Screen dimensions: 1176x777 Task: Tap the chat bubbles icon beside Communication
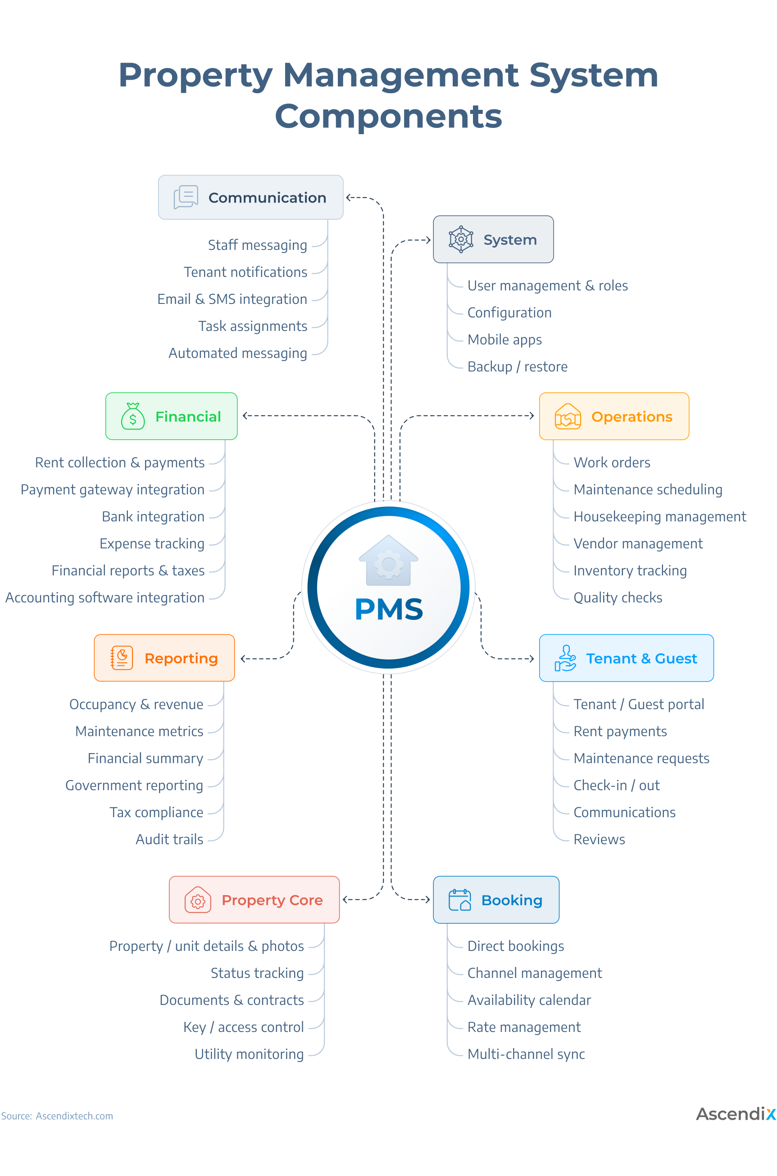pyautogui.click(x=186, y=197)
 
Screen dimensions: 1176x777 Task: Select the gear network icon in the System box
pyautogui.click(x=461, y=239)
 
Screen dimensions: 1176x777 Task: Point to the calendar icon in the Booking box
pyautogui.click(x=459, y=900)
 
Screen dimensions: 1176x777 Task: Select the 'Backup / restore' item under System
pyautogui.click(x=518, y=366)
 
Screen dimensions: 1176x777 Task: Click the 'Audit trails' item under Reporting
pyautogui.click(x=169, y=839)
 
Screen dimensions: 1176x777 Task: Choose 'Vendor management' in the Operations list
pyautogui.click(x=638, y=544)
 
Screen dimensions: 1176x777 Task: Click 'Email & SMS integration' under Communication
pyautogui.click(x=232, y=299)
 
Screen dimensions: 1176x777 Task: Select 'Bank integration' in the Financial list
pyautogui.click(x=153, y=516)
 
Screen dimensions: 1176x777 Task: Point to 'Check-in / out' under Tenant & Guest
pyautogui.click(x=617, y=785)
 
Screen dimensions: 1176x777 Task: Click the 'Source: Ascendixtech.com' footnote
pyautogui.click(x=57, y=1116)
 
